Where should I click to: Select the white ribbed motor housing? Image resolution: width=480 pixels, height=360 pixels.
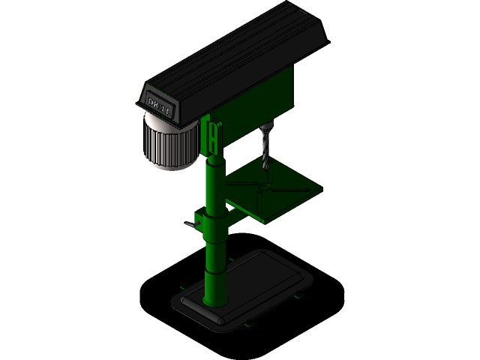(170, 143)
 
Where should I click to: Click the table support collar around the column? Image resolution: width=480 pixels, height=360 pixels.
(214, 225)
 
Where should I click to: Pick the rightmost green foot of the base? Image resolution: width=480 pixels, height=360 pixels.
(298, 295)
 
